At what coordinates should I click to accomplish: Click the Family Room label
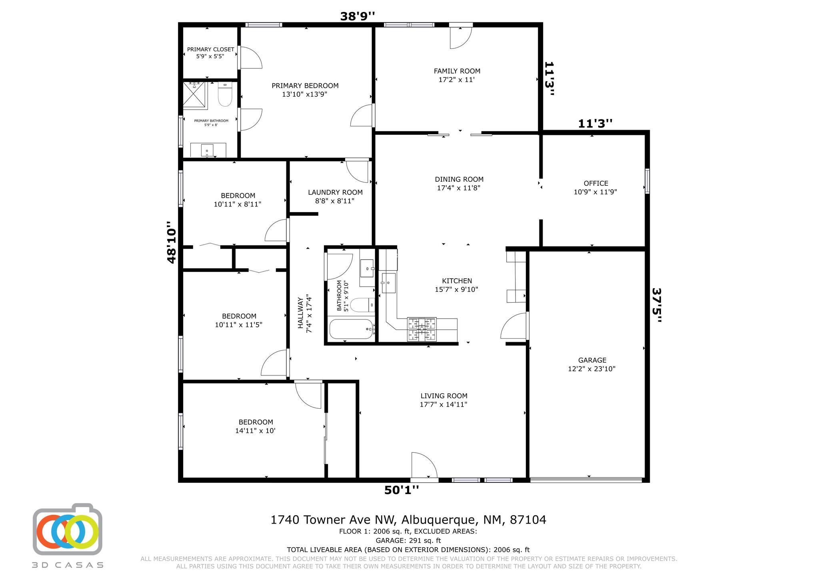(457, 75)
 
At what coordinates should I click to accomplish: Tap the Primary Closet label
(210, 53)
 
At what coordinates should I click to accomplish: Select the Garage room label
(592, 364)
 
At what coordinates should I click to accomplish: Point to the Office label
(595, 187)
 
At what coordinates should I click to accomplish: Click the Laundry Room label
(335, 197)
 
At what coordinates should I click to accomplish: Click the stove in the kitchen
(421, 329)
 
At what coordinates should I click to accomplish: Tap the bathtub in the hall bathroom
(352, 329)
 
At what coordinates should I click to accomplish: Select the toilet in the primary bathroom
(225, 94)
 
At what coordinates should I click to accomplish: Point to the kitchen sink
(388, 283)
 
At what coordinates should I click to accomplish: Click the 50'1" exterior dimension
(402, 490)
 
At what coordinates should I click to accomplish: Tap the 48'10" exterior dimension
(171, 242)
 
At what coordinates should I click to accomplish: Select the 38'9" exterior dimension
(358, 16)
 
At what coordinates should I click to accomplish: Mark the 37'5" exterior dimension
(657, 306)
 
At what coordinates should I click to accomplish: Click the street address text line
(408, 520)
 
